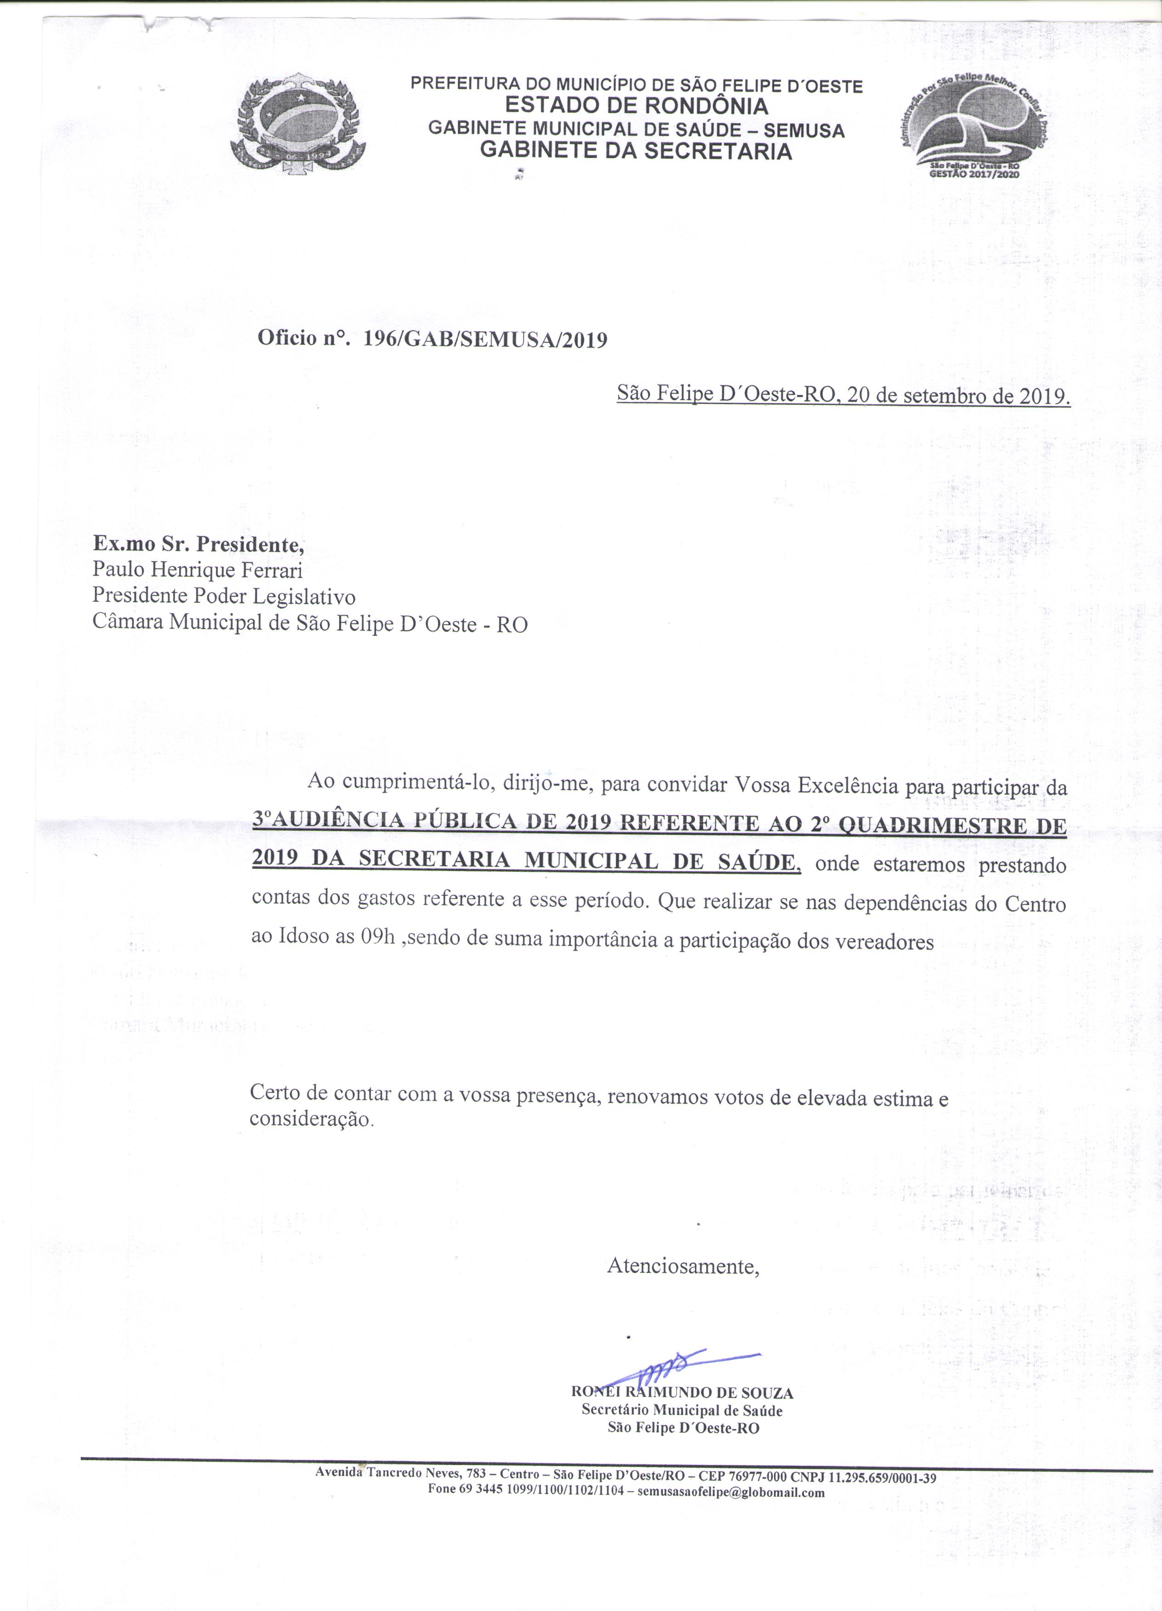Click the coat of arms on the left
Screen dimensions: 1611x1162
[298, 128]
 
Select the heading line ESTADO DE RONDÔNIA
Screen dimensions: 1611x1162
[636, 107]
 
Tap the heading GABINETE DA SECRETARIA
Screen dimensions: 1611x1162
[636, 151]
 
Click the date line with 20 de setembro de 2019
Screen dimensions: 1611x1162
[843, 395]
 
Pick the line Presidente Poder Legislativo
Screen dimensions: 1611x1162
[224, 597]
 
